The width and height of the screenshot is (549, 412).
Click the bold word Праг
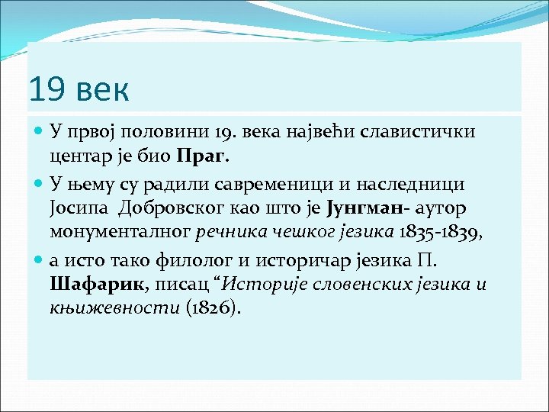click(202, 157)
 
